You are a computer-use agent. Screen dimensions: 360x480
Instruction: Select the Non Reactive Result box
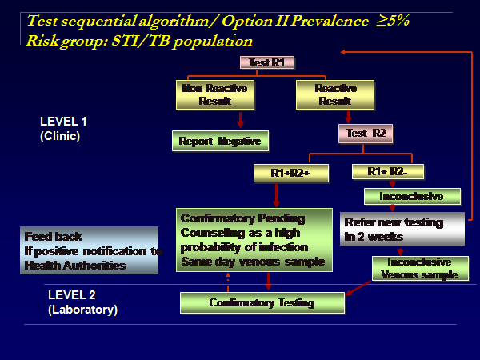(215, 94)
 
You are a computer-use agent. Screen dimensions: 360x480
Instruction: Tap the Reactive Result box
(335, 94)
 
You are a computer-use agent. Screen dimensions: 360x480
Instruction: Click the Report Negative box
(221, 141)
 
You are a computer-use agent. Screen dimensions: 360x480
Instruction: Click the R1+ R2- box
(388, 171)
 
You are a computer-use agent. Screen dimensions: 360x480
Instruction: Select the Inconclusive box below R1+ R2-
(414, 196)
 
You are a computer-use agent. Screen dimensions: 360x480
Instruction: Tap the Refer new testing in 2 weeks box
(402, 229)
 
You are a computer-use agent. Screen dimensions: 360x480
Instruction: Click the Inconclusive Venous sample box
(419, 268)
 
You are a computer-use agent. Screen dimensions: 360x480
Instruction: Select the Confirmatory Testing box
(262, 302)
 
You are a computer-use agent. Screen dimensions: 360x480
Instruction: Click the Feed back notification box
(90, 250)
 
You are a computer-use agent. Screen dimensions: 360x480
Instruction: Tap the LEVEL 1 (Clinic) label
(61, 128)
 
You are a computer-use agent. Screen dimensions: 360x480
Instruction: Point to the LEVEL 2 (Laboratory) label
(82, 302)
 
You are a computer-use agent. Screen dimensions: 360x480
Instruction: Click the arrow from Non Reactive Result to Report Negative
(239, 119)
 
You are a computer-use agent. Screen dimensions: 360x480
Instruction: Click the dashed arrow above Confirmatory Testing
(229, 281)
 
